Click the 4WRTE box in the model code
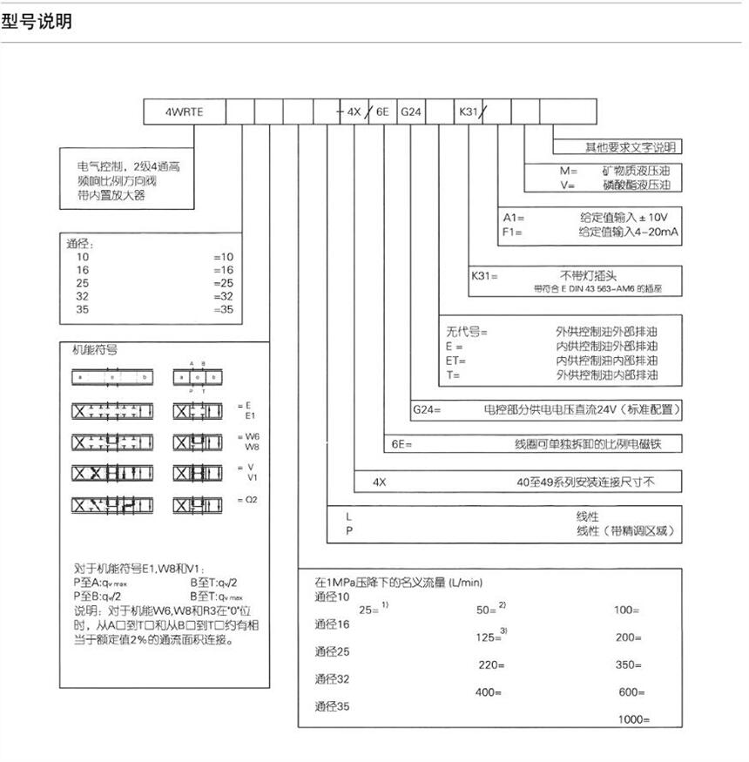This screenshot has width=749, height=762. pyautogui.click(x=185, y=112)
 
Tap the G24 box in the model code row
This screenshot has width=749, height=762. pyautogui.click(x=411, y=112)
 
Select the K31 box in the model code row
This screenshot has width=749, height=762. pyautogui.click(x=469, y=112)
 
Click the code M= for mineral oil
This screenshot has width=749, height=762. pyautogui.click(x=569, y=171)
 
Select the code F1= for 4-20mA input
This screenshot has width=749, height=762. pyautogui.click(x=512, y=232)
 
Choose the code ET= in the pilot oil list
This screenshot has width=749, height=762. pyautogui.click(x=456, y=361)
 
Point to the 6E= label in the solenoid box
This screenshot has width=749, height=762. pyautogui.click(x=401, y=443)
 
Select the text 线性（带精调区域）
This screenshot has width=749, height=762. pyautogui.click(x=625, y=530)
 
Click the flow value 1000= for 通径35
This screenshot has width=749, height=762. pyautogui.click(x=634, y=719)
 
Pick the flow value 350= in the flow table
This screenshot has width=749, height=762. pyautogui.click(x=628, y=664)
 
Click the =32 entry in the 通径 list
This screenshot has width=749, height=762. pyautogui.click(x=224, y=295)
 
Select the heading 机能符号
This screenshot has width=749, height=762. pyautogui.click(x=94, y=350)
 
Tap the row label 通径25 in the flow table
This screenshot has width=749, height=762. pyautogui.click(x=332, y=651)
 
